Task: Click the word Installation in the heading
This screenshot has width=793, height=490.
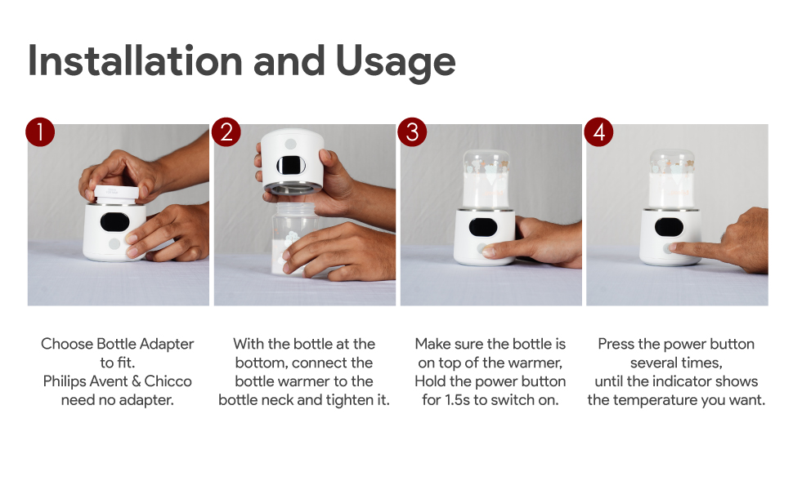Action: coord(135,61)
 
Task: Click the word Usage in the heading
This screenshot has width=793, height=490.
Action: coord(396,64)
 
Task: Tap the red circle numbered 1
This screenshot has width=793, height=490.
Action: coord(40,132)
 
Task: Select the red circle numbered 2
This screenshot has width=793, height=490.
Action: coord(226,132)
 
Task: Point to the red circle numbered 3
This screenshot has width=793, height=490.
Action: coord(412,132)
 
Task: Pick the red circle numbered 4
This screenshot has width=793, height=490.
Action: coord(598,132)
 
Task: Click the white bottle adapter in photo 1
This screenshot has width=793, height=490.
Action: coord(116,194)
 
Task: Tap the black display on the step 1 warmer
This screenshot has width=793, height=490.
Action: coord(114,222)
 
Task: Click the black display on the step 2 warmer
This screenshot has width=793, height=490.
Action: coord(291,165)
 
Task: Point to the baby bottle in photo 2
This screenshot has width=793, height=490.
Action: coord(293,238)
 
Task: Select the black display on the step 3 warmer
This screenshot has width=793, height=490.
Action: coord(483,227)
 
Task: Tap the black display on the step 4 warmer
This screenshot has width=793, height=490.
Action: coord(669,227)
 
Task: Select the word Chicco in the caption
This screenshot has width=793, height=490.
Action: coord(168,381)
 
